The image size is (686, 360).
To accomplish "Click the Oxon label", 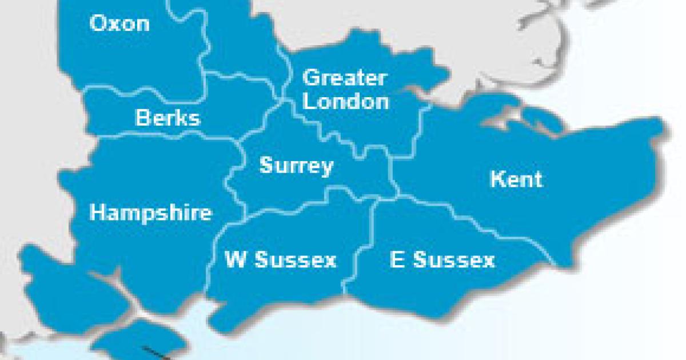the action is click(119, 24).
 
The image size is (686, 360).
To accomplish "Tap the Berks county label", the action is click(167, 118).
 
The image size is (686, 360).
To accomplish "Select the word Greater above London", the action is click(345, 78).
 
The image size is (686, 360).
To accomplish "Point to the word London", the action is click(346, 102).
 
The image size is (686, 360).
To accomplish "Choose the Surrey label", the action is click(296, 166).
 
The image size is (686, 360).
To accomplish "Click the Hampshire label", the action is click(151, 213).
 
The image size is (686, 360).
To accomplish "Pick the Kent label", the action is click(516, 179).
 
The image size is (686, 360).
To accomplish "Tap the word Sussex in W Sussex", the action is click(295, 260).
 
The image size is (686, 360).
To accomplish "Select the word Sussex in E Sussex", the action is click(453, 260).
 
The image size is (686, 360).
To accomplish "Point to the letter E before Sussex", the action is click(397, 260).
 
